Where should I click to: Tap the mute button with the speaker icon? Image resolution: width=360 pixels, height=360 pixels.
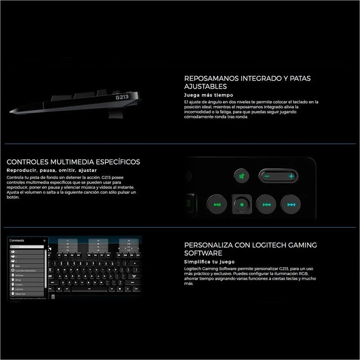[x=242, y=176]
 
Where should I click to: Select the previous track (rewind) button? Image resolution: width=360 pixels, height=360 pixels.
[x=266, y=205]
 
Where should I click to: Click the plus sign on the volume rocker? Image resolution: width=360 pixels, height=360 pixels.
[x=291, y=176]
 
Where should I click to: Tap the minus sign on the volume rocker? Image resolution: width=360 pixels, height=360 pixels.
[x=267, y=176]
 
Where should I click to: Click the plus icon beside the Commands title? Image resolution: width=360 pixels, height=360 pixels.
[x=44, y=241]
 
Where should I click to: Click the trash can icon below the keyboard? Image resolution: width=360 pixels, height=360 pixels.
[x=53, y=297]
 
